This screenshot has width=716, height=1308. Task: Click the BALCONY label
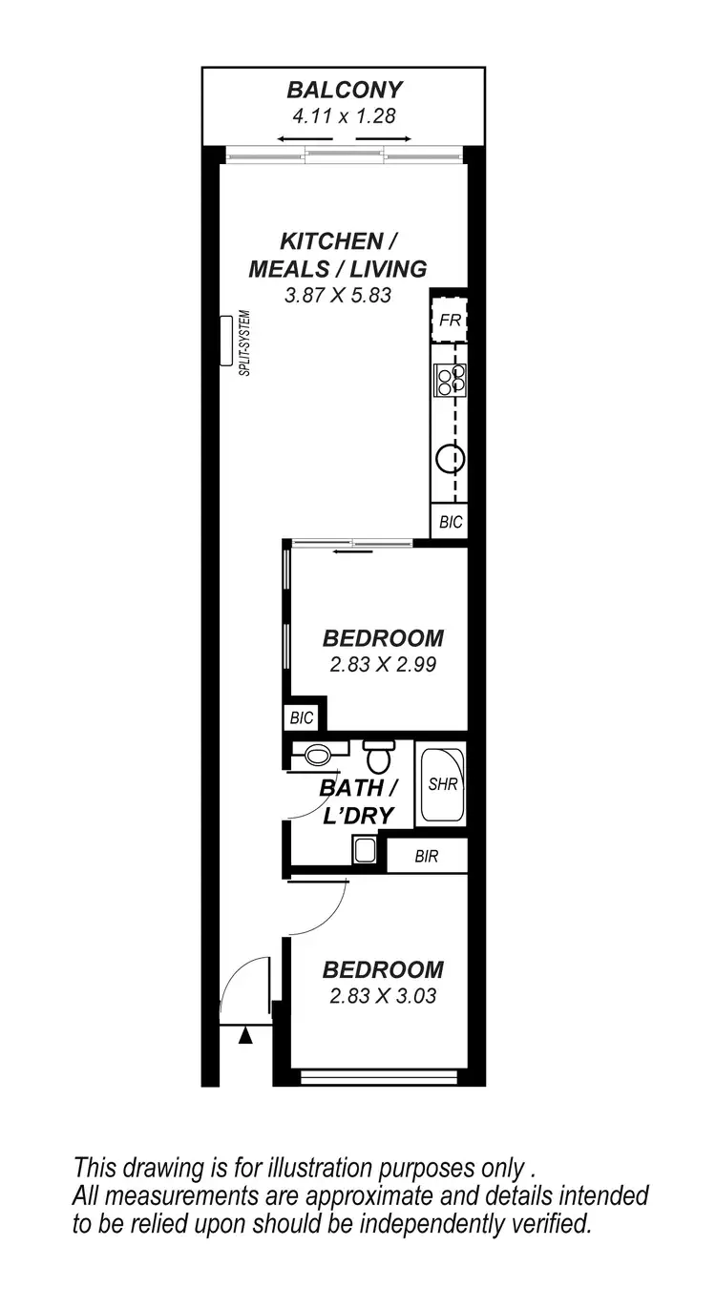point(345,91)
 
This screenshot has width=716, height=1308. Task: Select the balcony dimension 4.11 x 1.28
point(345,116)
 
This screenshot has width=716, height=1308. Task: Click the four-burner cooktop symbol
point(450,380)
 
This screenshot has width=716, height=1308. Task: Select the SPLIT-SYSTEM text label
point(244,343)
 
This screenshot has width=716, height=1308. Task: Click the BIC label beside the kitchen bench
point(450,522)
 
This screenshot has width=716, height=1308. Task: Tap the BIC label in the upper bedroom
point(302,716)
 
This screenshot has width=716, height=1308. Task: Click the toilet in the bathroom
point(379,758)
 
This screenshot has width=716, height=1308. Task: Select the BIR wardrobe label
point(426,857)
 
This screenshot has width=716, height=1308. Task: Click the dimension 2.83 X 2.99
point(383,665)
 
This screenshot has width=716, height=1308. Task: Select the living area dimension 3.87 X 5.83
point(338,296)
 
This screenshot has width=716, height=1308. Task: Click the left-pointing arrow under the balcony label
point(292,139)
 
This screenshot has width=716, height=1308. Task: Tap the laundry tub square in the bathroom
point(365,849)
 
